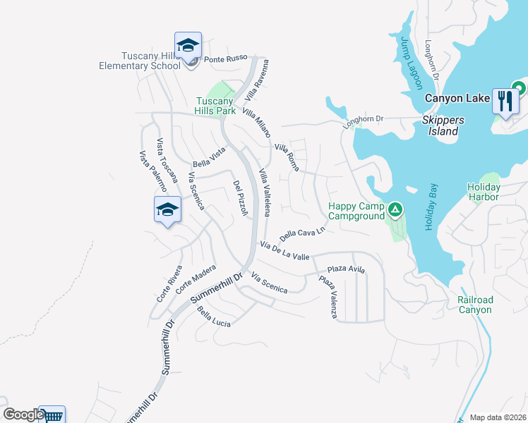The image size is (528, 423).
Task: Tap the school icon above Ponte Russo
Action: tap(188, 47)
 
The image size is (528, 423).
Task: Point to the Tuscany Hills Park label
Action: tap(215, 106)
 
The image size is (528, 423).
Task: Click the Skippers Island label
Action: tap(443, 125)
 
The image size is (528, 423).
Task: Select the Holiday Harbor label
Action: tap(484, 192)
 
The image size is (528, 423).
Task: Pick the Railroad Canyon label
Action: tap(474, 305)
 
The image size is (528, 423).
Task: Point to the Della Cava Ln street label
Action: tap(302, 233)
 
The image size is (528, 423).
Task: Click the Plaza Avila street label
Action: tap(346, 269)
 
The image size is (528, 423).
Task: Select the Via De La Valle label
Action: tap(284, 251)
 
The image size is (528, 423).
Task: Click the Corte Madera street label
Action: tap(195, 279)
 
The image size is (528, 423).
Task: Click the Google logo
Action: tap(23, 415)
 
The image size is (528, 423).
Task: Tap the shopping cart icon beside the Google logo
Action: tap(52, 416)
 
